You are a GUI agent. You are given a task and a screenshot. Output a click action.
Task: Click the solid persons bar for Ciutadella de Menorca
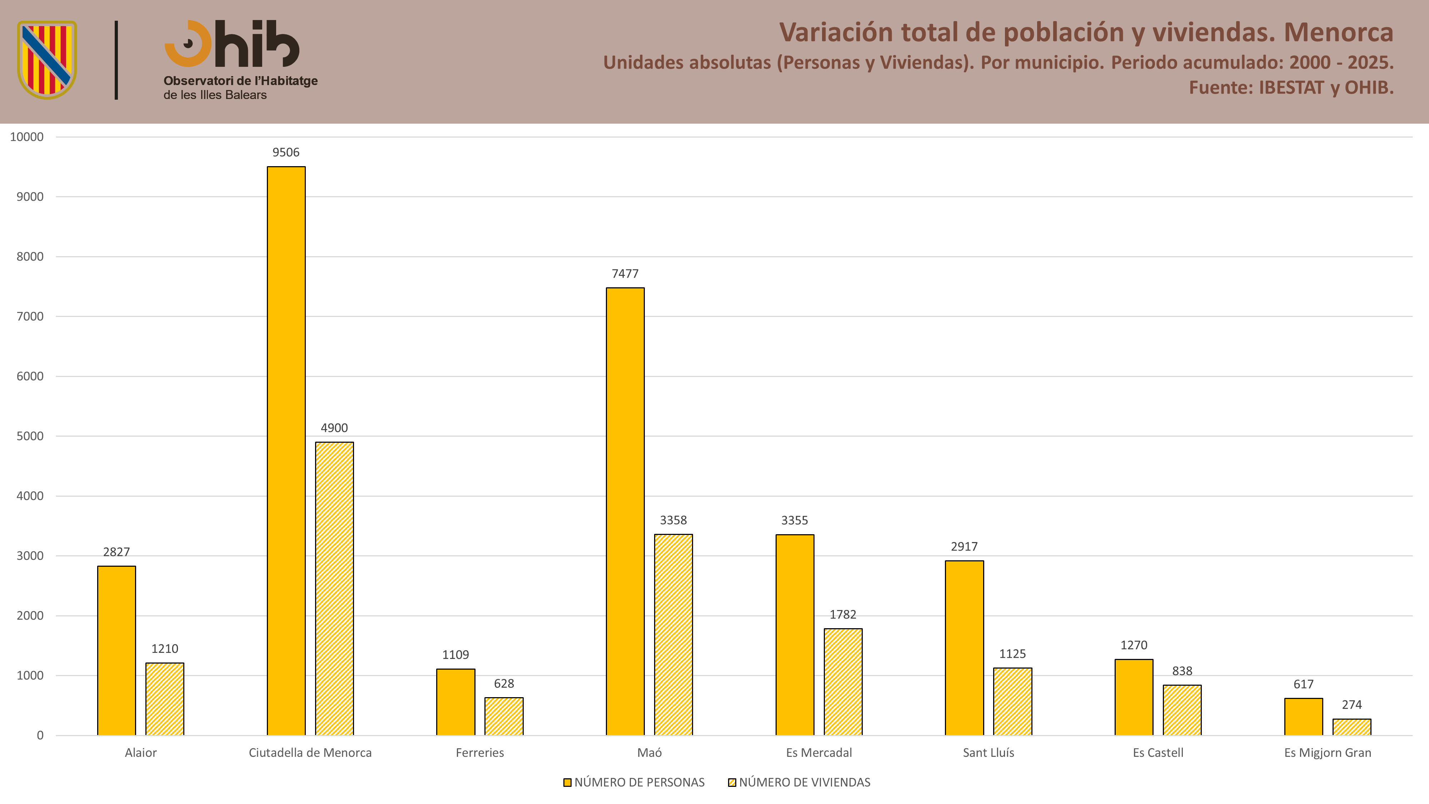pyautogui.click(x=286, y=451)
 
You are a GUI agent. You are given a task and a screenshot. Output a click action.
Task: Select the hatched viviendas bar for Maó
pyautogui.click(x=673, y=635)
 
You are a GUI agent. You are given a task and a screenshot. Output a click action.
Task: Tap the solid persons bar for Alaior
pyautogui.click(x=116, y=650)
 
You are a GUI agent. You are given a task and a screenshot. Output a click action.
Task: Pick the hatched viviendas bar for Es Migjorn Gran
pyautogui.click(x=1352, y=727)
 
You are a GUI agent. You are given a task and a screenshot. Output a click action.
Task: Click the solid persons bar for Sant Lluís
pyautogui.click(x=965, y=647)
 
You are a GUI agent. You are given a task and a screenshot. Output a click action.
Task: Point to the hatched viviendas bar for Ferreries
pyautogui.click(x=504, y=716)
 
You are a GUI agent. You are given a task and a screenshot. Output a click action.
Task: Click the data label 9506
pyautogui.click(x=286, y=152)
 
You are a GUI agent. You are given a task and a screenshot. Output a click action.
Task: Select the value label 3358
pyautogui.click(x=673, y=520)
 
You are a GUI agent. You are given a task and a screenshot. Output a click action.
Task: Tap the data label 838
pyautogui.click(x=1182, y=671)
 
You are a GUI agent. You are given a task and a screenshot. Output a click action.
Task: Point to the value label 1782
pyautogui.click(x=843, y=614)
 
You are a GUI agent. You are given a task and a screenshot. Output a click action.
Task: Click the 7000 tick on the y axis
pyautogui.click(x=30, y=316)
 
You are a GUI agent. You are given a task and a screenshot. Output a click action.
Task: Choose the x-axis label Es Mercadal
pyautogui.click(x=819, y=753)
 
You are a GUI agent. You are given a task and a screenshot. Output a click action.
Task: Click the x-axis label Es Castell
pyautogui.click(x=1158, y=753)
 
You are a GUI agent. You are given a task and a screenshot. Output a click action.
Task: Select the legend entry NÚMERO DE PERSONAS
pyautogui.click(x=634, y=782)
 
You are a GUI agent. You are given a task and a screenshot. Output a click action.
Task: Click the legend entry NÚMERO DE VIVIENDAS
pyautogui.click(x=800, y=782)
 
